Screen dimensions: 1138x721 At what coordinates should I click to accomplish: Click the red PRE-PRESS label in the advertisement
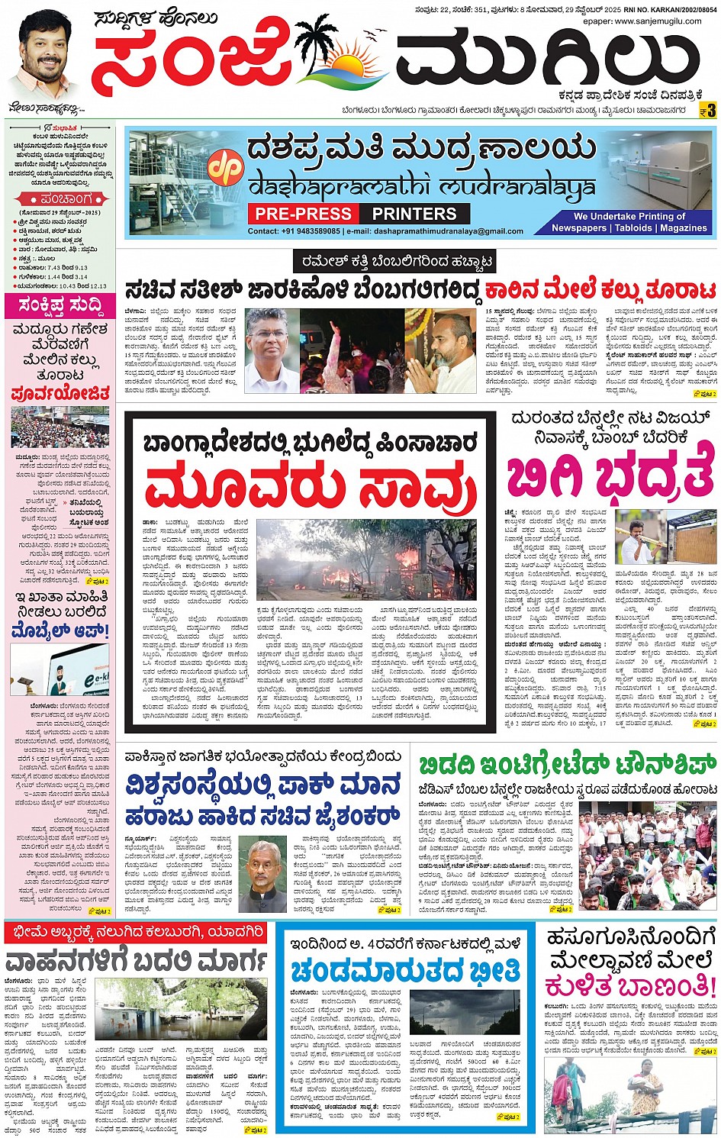pos(303,214)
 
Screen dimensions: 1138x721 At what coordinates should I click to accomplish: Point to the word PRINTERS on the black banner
pos(414,214)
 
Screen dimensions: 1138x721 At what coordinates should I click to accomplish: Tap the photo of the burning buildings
pos(366,559)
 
